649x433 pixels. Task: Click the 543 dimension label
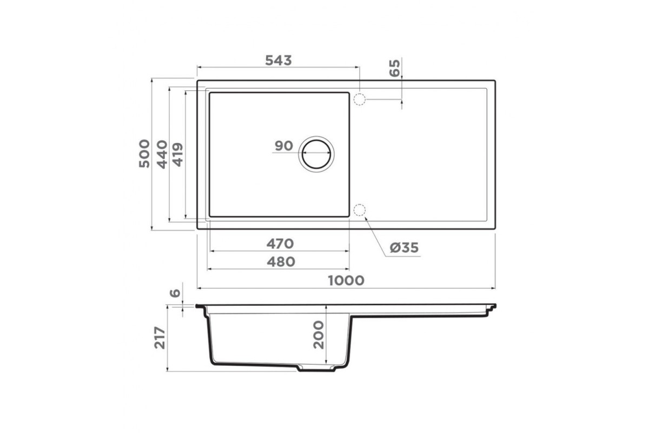click(279, 60)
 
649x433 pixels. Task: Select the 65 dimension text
click(394, 68)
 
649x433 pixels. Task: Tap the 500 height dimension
click(144, 153)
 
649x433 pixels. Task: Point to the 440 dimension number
click(162, 154)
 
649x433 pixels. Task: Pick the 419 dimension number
click(177, 155)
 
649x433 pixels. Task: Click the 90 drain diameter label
click(283, 146)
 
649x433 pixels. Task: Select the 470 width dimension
click(280, 244)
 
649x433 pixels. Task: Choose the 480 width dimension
click(281, 262)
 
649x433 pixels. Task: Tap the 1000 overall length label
click(346, 280)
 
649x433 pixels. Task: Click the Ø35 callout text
click(404, 248)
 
